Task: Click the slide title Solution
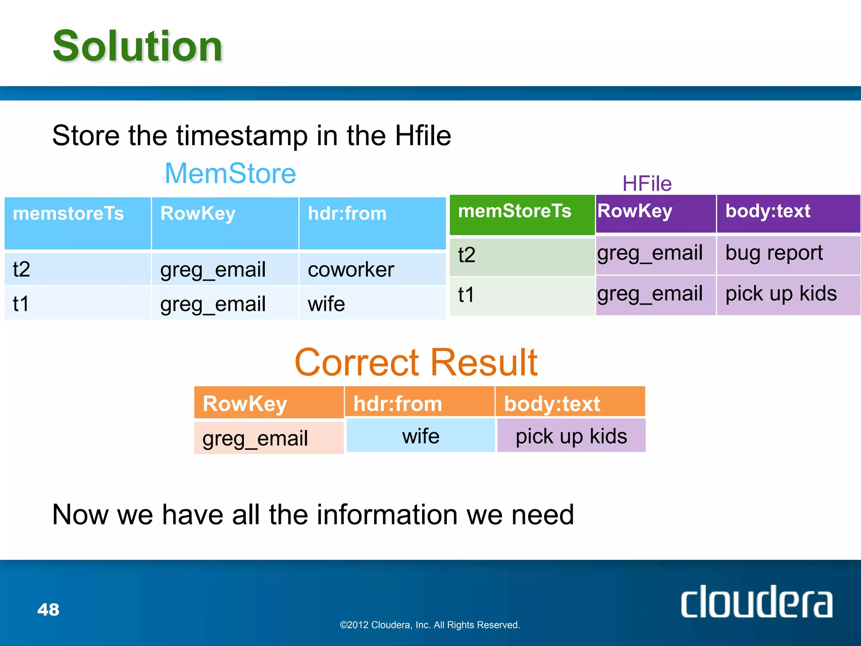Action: (x=137, y=46)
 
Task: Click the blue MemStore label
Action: (x=230, y=173)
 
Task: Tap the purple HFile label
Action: (x=647, y=184)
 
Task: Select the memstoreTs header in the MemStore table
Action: (x=69, y=214)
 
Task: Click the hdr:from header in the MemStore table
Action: (x=347, y=214)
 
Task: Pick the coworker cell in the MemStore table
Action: (x=351, y=270)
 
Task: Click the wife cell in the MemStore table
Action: (x=326, y=304)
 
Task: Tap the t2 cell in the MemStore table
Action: (x=22, y=270)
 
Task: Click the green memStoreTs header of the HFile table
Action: (x=515, y=211)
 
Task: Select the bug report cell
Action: (x=774, y=253)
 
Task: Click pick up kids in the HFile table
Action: (x=781, y=294)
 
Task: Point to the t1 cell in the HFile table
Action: (x=467, y=294)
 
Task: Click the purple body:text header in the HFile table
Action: (x=768, y=211)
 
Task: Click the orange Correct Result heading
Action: (x=416, y=363)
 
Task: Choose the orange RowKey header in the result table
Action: (x=245, y=404)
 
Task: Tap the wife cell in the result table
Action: (x=420, y=436)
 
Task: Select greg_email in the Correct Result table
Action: (x=255, y=439)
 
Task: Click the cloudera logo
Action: (x=756, y=602)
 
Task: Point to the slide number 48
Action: (x=48, y=609)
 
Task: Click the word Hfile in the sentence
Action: (x=423, y=136)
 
